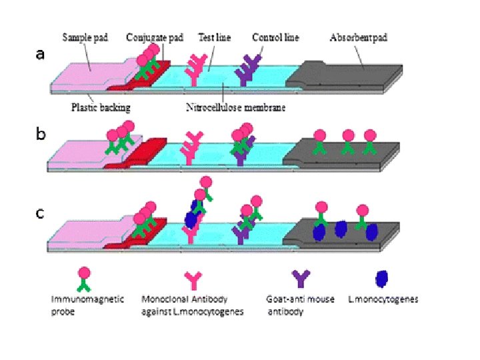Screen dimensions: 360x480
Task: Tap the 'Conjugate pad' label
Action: [155, 37]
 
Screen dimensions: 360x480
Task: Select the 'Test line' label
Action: [215, 37]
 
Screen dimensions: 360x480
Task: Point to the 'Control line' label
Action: [275, 37]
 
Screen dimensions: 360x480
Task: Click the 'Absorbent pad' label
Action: [358, 37]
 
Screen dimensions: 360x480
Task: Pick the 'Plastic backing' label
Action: [101, 107]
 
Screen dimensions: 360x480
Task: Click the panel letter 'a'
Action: [41, 55]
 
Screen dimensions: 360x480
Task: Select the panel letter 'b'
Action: [41, 134]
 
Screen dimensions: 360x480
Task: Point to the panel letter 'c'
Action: [41, 213]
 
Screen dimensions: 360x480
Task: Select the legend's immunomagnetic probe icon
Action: [84, 279]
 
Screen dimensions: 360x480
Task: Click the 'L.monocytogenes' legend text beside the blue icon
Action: [384, 299]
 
